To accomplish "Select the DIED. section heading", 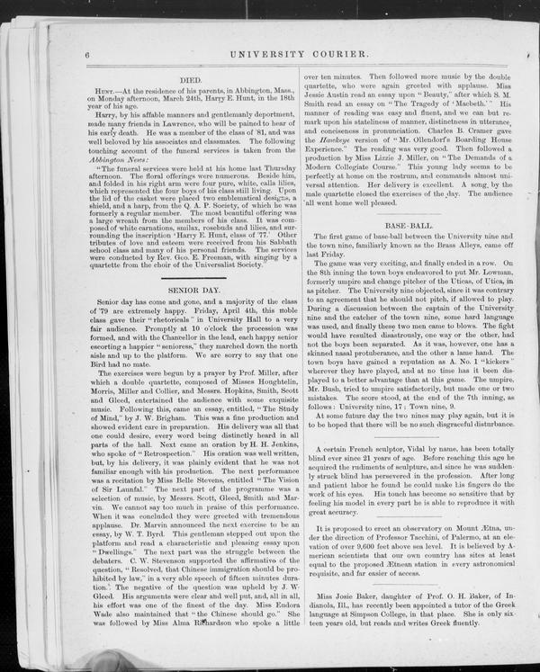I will point(192,79).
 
